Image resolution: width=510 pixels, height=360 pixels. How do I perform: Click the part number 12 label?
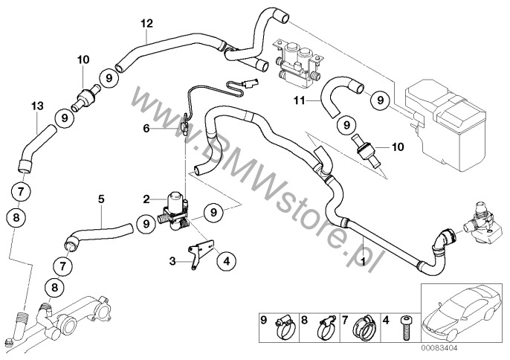(x=146, y=23)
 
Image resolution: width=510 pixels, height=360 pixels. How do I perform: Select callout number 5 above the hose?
(x=101, y=199)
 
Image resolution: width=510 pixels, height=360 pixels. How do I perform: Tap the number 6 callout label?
(x=146, y=128)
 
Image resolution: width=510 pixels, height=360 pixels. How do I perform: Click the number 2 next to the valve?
(x=147, y=199)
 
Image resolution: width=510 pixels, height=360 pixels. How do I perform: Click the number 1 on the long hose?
(x=361, y=261)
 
